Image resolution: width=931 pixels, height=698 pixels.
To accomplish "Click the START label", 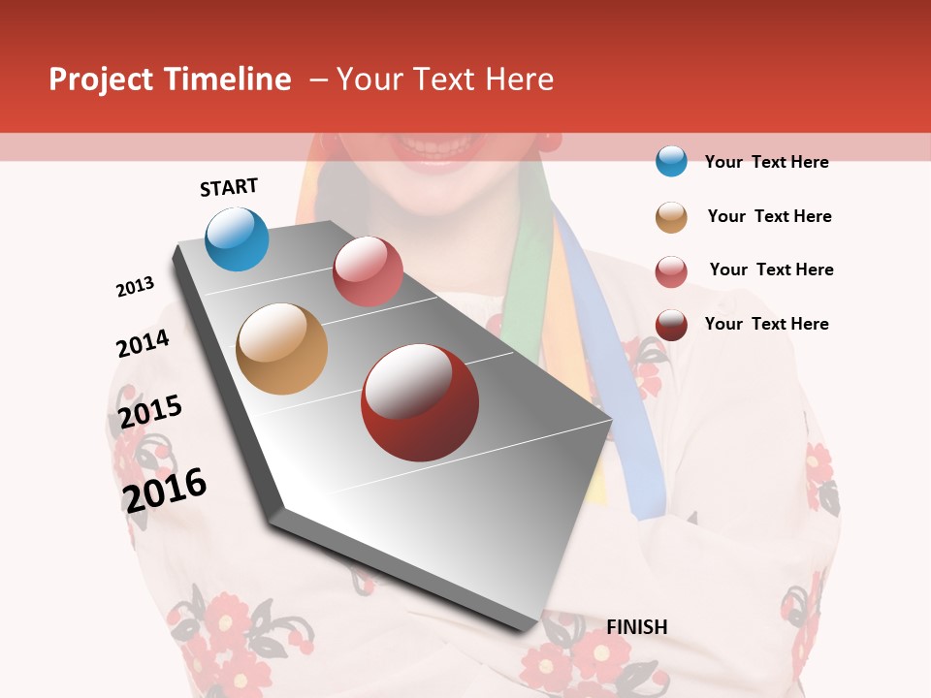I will click(229, 187).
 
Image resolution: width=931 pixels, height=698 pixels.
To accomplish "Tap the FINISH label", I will click(636, 627).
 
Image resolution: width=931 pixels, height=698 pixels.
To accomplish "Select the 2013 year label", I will click(135, 287).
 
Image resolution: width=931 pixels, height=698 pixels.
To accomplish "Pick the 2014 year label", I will click(143, 343).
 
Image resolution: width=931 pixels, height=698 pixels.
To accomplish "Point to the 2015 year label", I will click(150, 412).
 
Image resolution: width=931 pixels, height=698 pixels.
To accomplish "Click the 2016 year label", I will click(165, 490).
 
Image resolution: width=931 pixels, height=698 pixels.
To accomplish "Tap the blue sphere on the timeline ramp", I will click(237, 238).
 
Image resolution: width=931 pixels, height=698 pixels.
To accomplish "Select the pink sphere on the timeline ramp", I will click(368, 270).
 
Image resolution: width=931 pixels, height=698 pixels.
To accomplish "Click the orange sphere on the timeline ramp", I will click(281, 349).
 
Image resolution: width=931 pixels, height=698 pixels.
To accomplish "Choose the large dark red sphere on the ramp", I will click(420, 402).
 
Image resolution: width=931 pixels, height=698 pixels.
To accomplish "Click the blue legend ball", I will click(671, 161).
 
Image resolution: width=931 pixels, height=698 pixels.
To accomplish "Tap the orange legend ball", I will click(671, 216).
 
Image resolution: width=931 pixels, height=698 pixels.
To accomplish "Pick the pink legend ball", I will click(671, 270).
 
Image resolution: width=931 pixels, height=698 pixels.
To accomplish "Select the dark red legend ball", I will click(671, 325).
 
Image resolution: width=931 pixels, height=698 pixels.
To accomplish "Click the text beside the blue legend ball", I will click(766, 162).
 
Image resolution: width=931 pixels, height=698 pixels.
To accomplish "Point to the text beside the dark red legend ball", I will click(766, 324).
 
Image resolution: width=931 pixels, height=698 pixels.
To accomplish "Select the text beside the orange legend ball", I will click(769, 216).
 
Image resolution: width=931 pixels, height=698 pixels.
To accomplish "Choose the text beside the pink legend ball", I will click(771, 270).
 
